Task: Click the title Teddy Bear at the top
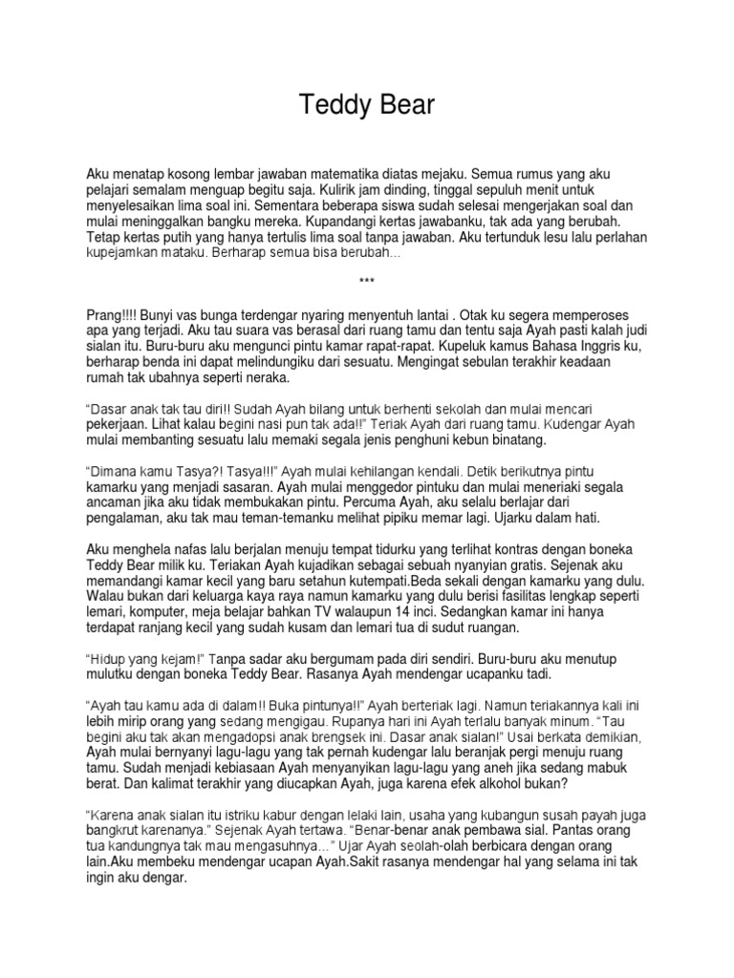click(x=367, y=105)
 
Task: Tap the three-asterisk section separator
click(x=367, y=281)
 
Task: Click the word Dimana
click(x=116, y=471)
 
